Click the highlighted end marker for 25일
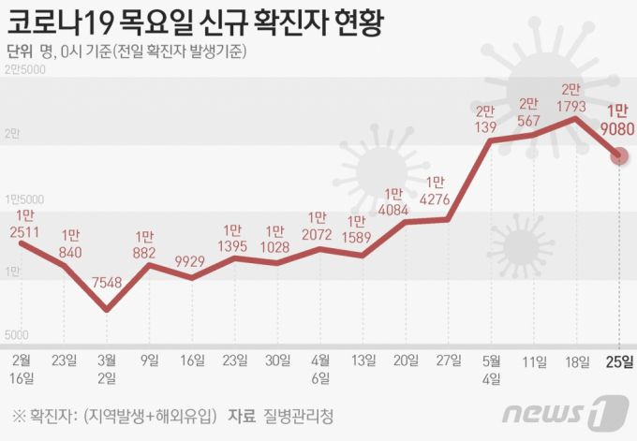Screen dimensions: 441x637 coord(618,156)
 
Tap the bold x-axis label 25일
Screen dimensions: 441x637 coord(619,360)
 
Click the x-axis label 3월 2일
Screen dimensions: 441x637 coord(108,368)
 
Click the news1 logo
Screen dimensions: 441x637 coord(564,413)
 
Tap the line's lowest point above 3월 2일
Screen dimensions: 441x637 coord(107,309)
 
